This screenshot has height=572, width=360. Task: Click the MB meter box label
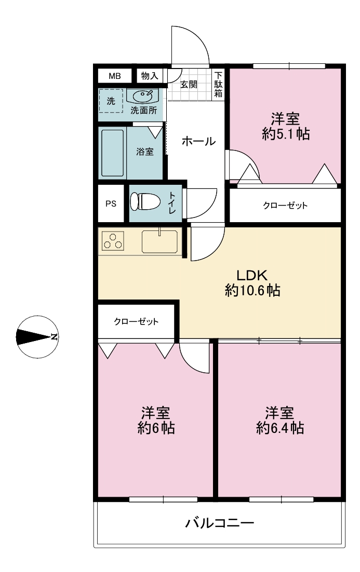click(115, 76)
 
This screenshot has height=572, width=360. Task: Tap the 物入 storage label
click(150, 76)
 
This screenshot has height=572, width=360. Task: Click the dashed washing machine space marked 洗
click(111, 100)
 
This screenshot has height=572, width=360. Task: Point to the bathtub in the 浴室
click(112, 153)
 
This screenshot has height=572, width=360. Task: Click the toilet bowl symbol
click(145, 201)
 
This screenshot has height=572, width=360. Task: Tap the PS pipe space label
click(111, 203)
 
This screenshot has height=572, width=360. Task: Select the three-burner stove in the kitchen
click(113, 241)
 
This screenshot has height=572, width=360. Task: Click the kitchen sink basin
click(159, 241)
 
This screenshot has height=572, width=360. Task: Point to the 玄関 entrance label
click(189, 85)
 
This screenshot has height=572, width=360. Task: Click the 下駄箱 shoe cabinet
click(218, 84)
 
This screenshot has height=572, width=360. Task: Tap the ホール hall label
click(198, 141)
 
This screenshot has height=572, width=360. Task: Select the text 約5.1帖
click(286, 134)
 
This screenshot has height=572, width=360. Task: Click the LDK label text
click(252, 275)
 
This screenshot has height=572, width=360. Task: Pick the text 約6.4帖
click(279, 428)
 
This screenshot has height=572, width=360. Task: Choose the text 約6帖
click(156, 428)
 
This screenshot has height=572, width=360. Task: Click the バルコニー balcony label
click(219, 524)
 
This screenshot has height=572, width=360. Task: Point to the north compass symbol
click(37, 337)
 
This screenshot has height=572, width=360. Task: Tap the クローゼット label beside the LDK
click(136, 321)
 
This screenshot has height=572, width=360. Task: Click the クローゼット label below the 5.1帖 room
click(285, 206)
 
